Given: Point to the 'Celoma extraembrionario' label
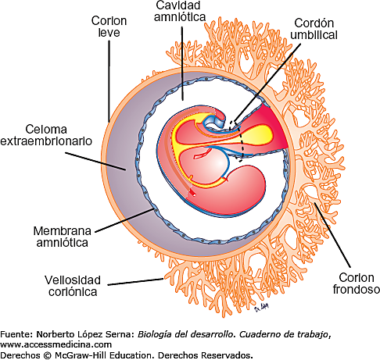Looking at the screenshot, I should point(47,135).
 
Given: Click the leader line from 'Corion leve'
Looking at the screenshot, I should point(109,78).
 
